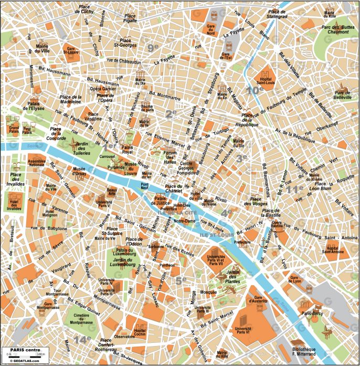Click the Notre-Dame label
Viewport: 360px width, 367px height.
tap(184, 221)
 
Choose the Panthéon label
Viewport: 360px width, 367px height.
tap(167, 265)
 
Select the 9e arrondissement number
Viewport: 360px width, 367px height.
tap(153, 48)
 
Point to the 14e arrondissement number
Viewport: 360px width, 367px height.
tap(81, 340)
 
